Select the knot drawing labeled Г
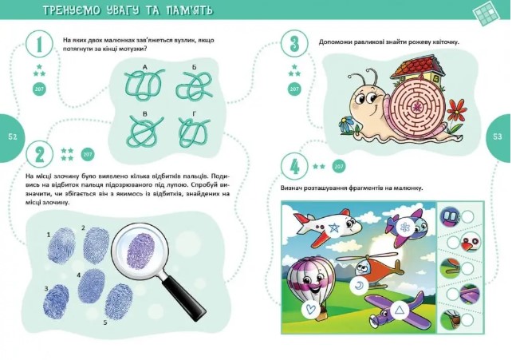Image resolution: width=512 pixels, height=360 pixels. point(195,133)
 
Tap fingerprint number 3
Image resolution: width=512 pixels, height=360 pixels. point(57,302)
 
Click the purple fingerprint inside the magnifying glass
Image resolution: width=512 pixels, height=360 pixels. point(140,254)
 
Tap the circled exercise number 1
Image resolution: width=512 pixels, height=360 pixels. point(40,44)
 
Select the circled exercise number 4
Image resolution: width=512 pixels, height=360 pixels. point(294,167)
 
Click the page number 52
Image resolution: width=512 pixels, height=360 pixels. point(13,136)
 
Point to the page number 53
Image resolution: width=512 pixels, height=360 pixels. point(498,136)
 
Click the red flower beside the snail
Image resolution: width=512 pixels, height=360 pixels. point(456,110)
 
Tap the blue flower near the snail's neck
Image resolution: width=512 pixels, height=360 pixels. point(346,124)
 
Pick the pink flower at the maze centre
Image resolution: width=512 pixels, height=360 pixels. point(417,106)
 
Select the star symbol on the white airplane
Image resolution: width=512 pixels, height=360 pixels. point(333,227)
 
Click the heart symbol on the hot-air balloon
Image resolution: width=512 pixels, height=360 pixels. point(310,309)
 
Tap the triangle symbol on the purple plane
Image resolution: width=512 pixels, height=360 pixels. point(399,310)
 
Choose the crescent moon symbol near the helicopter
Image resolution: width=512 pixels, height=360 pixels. point(359,286)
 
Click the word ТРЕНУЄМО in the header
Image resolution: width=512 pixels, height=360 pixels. point(72,10)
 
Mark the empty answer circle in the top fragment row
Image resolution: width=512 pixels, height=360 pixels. point(467,217)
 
